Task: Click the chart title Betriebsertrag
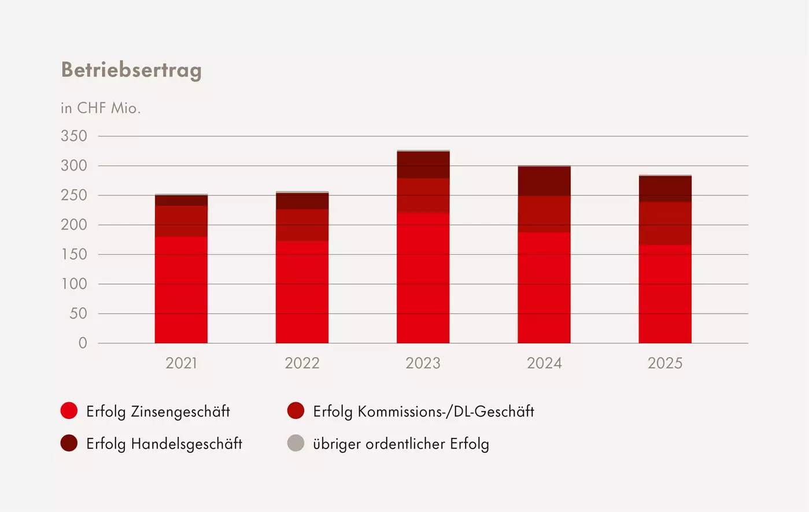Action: [131, 70]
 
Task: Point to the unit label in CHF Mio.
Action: [101, 108]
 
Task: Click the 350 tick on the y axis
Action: [74, 136]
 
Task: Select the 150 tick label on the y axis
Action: [74, 254]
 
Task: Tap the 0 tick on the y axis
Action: [83, 343]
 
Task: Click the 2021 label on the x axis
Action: [181, 363]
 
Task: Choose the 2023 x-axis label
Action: [423, 363]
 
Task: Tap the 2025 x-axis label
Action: [665, 363]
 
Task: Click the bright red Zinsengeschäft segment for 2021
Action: [181, 289]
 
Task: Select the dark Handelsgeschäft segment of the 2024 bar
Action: [544, 181]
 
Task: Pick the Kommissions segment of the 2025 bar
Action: [665, 223]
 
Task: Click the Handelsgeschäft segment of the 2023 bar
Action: [423, 165]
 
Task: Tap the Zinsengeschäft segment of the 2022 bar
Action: [302, 292]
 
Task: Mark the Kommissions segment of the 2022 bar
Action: [302, 225]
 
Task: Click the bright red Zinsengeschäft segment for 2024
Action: [544, 287]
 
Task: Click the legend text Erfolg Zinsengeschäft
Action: [158, 411]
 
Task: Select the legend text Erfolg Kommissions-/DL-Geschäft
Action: [423, 411]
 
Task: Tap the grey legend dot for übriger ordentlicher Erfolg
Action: [295, 443]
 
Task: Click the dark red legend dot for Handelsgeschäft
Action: [69, 443]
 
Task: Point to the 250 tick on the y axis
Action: [74, 195]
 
